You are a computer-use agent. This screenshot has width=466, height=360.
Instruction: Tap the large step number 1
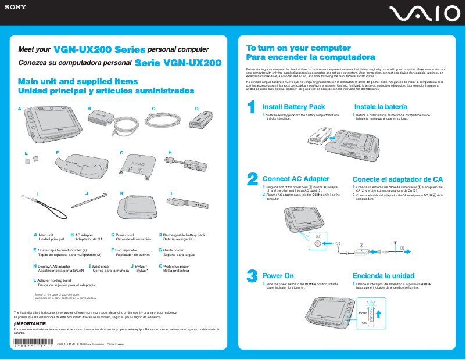251,107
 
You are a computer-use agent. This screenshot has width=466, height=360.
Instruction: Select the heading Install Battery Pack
293,107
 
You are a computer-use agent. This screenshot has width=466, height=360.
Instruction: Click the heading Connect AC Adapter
296,179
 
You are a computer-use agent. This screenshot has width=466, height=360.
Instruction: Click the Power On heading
278,275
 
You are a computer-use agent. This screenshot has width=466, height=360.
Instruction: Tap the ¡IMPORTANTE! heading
26,323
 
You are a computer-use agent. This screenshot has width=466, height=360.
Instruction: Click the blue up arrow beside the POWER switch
378,315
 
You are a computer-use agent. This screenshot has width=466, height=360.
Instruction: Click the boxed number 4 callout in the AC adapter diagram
317,236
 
